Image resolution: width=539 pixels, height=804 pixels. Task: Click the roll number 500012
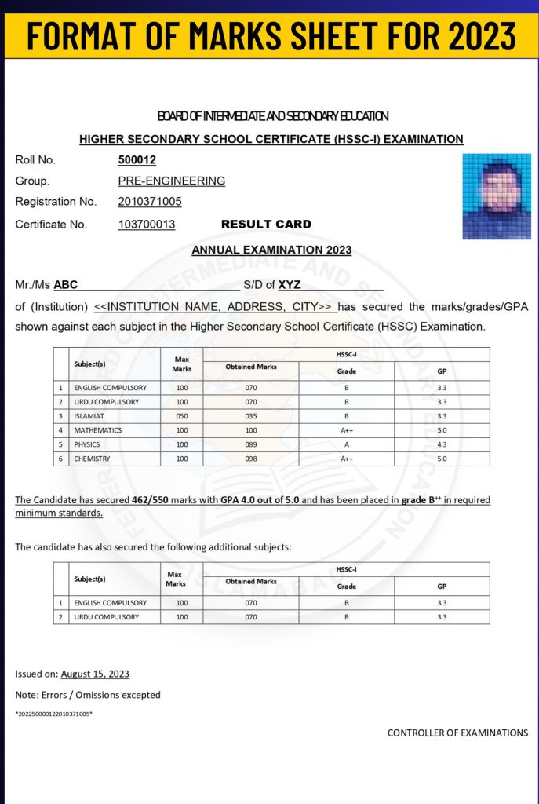point(137,160)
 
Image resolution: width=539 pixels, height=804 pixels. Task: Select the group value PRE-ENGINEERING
point(172,181)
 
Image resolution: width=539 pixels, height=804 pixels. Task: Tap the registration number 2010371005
point(150,202)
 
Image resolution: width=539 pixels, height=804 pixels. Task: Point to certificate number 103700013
point(147,225)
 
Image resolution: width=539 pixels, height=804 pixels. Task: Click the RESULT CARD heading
point(266,225)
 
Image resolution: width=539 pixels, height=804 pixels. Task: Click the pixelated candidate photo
point(497,196)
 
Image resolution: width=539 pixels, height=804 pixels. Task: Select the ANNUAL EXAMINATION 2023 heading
point(271,250)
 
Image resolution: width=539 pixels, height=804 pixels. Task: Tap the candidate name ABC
point(66,285)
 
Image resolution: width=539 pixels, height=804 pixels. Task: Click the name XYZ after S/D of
point(290,285)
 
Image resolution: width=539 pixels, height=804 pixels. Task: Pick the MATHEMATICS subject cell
point(98,430)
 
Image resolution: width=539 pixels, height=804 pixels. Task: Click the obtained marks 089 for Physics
point(251,444)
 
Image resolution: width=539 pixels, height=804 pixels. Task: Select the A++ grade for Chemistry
point(347,459)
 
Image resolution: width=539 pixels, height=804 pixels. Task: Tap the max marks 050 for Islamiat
point(182,416)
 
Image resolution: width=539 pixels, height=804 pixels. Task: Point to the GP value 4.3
point(442,444)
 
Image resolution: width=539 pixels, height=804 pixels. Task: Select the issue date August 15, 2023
point(95,674)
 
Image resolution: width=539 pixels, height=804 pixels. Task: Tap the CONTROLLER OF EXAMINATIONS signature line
point(457,733)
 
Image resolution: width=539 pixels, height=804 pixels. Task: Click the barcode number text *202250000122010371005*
point(54,714)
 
